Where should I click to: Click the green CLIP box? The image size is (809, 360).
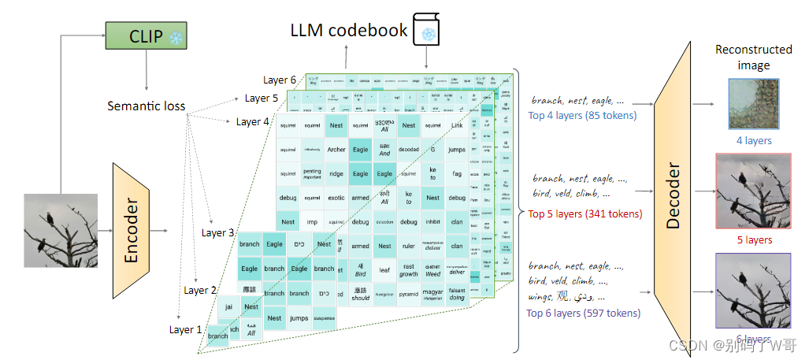[x=144, y=35]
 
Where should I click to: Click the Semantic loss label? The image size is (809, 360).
[x=147, y=106]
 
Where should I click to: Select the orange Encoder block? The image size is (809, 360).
[x=132, y=228]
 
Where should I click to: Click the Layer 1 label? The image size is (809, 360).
[x=186, y=329]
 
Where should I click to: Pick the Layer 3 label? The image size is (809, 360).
[x=217, y=232]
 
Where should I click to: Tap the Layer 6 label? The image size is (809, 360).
[x=280, y=80]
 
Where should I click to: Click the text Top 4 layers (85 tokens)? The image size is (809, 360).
[x=582, y=116]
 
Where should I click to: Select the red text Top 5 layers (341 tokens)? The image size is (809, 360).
[x=584, y=213]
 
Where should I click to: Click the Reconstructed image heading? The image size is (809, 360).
[x=753, y=57]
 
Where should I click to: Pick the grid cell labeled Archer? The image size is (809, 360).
[x=336, y=150]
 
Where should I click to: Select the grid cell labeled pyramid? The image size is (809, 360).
[x=408, y=294]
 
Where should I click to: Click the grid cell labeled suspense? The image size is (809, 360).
[x=324, y=318]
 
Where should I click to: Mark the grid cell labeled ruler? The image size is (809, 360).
[x=408, y=246]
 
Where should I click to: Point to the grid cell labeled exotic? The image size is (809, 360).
[x=336, y=198]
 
